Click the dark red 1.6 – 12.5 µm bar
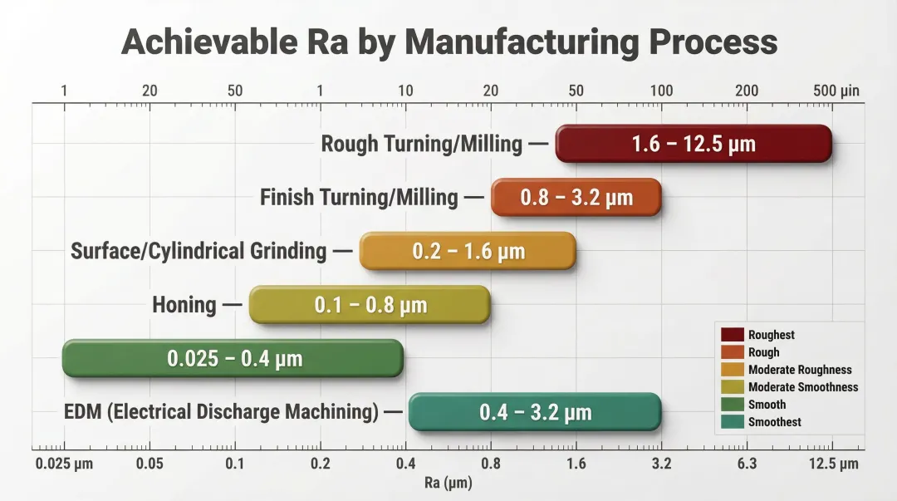point(694,144)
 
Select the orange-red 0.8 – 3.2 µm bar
point(576,198)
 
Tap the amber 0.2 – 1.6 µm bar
point(468,251)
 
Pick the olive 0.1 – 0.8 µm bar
point(370,305)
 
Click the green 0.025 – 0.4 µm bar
point(233,359)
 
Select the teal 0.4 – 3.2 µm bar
point(535,412)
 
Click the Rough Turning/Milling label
point(421,144)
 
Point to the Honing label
point(184,305)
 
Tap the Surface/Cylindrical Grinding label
point(199,251)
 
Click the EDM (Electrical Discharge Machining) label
point(221,412)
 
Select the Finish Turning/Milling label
point(358,198)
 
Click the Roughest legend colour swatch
point(732,335)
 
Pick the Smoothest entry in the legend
point(774,422)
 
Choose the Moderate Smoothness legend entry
point(802,387)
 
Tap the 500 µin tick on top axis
point(836,91)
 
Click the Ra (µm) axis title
point(448,483)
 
